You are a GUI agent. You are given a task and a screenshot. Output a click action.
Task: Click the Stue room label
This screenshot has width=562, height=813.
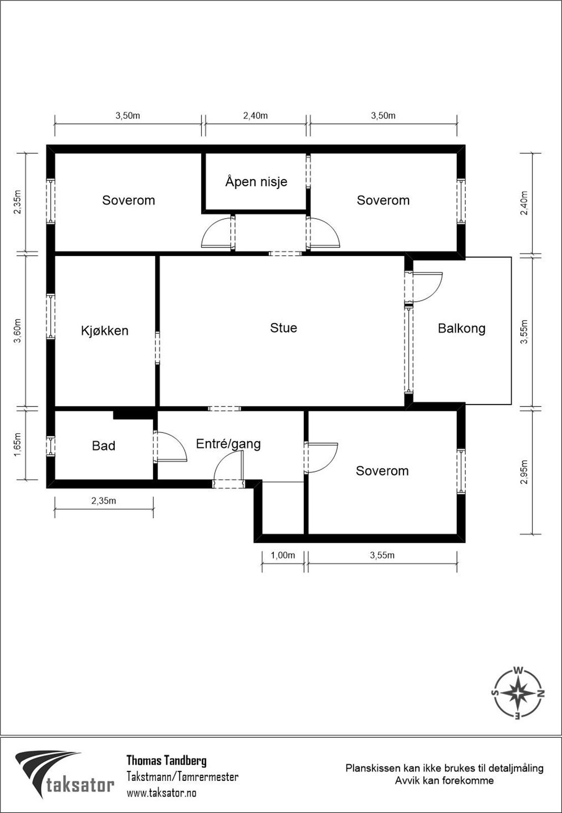pyautogui.click(x=284, y=328)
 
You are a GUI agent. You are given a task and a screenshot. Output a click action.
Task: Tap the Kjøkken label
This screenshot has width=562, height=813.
pyautogui.click(x=105, y=331)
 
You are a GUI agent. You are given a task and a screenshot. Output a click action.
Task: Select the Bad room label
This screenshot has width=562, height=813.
pyautogui.click(x=104, y=446)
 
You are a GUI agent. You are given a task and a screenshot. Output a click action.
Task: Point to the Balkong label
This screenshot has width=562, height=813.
pyautogui.click(x=461, y=328)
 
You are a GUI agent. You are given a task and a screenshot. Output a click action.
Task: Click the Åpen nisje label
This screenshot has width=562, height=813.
pyautogui.click(x=256, y=181)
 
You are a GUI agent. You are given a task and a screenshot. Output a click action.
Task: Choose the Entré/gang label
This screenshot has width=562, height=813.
pyautogui.click(x=228, y=444)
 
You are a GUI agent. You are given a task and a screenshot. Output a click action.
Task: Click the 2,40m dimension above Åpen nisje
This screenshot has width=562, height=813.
pyautogui.click(x=255, y=116)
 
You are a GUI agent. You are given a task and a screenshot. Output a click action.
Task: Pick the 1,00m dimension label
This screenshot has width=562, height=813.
pyautogui.click(x=283, y=555)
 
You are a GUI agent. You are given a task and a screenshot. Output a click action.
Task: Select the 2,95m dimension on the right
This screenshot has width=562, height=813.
pyautogui.click(x=523, y=472)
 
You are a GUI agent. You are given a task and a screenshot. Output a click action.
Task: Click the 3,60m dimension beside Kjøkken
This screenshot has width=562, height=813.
pyautogui.click(x=18, y=331)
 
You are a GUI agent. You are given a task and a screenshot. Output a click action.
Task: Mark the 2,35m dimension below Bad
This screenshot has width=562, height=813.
pyautogui.click(x=104, y=501)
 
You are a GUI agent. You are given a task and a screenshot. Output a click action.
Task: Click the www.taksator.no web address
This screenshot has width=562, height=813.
pyautogui.click(x=161, y=793)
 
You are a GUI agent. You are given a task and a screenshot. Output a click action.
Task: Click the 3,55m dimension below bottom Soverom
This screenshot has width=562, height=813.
pyautogui.click(x=382, y=555)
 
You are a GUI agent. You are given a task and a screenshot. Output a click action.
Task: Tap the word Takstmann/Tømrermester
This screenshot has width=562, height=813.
pyautogui.click(x=182, y=777)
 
